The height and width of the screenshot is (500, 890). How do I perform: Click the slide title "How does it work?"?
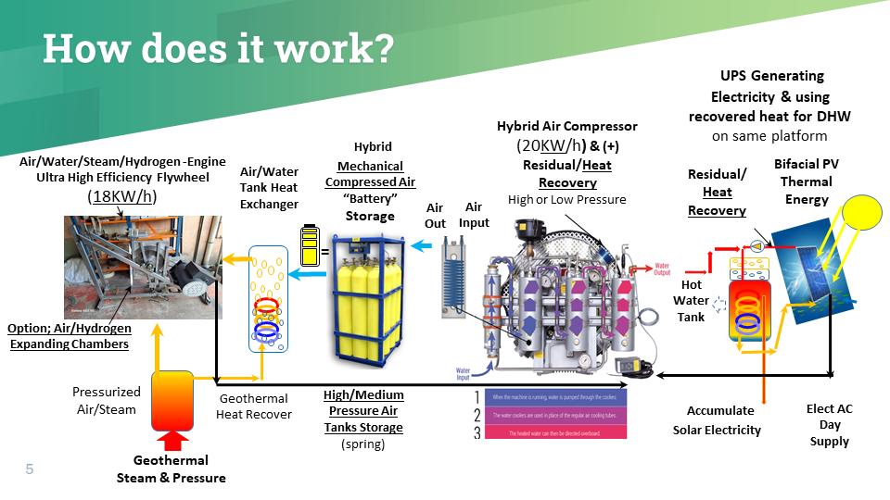[218, 48]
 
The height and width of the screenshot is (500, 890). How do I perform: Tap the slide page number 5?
[30, 470]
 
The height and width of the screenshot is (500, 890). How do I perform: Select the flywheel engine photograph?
[143, 267]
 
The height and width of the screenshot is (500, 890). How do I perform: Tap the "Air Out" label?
[436, 216]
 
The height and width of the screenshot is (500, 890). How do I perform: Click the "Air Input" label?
[474, 215]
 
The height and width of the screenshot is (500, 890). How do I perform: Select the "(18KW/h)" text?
[121, 196]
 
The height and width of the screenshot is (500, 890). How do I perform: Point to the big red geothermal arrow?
[171, 440]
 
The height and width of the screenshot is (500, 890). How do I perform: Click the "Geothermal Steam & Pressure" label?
[171, 469]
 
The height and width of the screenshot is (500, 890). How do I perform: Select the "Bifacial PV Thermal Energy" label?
[803, 181]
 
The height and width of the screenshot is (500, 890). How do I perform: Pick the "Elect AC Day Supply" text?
[829, 424]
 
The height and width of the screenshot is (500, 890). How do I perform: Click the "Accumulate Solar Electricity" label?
[717, 420]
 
